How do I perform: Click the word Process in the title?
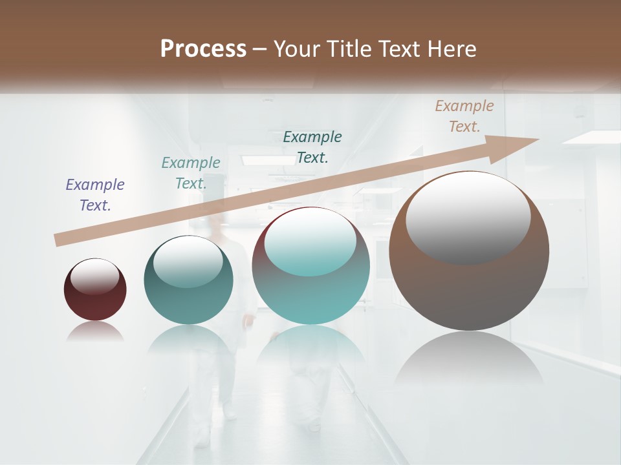(203, 49)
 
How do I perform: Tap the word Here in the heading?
(452, 49)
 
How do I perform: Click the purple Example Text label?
(95, 195)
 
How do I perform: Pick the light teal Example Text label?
(191, 173)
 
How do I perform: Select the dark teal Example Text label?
(312, 147)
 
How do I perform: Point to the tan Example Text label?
(464, 116)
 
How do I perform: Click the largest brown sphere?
(469, 291)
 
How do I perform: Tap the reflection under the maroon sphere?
(95, 332)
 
